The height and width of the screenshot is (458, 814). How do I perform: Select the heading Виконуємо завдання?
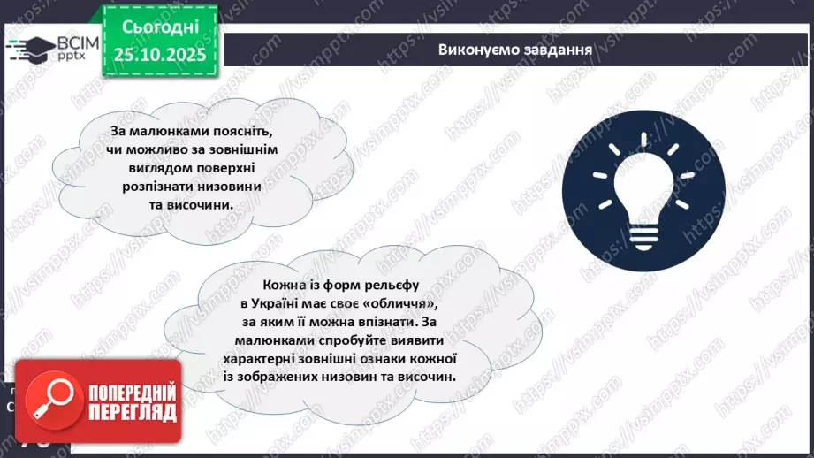(514, 50)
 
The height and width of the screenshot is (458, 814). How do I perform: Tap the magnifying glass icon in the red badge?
(49, 402)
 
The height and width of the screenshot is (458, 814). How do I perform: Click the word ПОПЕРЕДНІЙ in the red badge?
(132, 393)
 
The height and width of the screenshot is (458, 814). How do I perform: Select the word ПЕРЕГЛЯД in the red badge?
(132, 412)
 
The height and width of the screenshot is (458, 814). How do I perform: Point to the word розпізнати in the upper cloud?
(156, 186)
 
